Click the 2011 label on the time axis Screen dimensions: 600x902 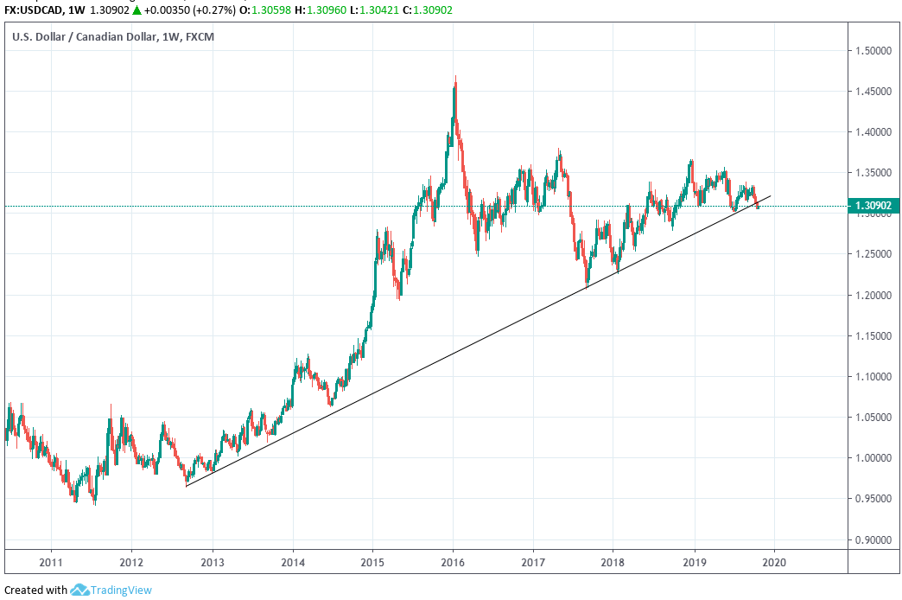[x=51, y=560]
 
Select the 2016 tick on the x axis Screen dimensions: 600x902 [x=454, y=560]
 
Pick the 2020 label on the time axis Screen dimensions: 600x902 [x=774, y=560]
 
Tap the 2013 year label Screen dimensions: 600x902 [x=213, y=560]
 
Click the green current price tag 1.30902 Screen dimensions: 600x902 [x=873, y=206]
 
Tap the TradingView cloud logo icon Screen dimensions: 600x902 [x=80, y=590]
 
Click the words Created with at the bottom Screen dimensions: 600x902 [x=36, y=590]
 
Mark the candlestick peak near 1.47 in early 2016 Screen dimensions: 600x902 [x=454, y=79]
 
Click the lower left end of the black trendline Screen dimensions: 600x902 [x=187, y=486]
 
